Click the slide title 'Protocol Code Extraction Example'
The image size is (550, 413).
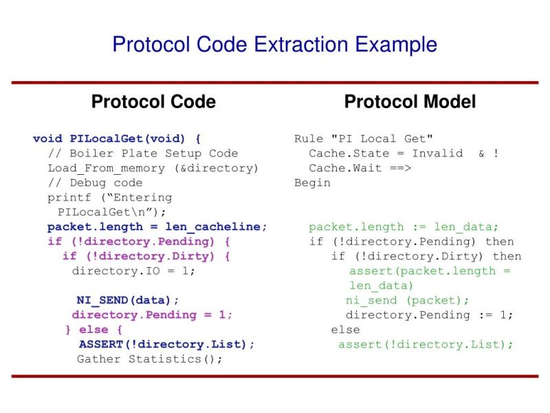[274, 45]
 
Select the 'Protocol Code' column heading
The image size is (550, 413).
[153, 102]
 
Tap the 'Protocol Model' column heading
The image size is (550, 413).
[410, 102]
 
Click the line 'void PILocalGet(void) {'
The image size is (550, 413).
[117, 138]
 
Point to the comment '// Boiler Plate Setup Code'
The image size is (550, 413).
[143, 153]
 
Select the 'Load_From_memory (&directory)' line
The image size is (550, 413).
[153, 168]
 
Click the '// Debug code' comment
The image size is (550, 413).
[95, 182]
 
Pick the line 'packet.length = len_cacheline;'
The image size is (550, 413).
[157, 226]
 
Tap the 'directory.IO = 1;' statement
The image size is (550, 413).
[134, 271]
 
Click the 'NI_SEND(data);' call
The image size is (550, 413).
[128, 300]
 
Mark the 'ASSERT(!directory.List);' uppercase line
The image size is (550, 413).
[167, 344]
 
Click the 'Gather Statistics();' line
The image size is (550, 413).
[150, 359]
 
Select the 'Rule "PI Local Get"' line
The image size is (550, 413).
[364, 138]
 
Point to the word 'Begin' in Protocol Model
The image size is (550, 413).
[312, 182]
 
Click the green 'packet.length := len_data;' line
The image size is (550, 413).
[404, 226]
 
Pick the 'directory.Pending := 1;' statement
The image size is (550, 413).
[430, 315]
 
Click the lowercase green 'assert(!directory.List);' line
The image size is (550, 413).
[426, 344]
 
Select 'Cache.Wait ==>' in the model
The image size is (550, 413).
[360, 168]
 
